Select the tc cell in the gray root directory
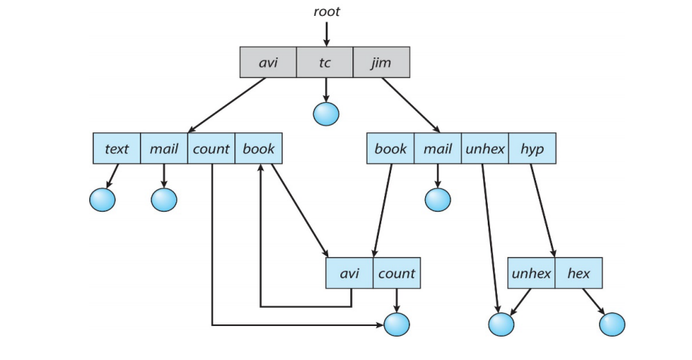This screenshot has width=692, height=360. (324, 62)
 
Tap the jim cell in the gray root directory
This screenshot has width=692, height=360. (381, 62)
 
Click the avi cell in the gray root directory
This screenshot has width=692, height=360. (268, 62)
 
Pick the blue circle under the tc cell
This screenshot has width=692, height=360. (326, 113)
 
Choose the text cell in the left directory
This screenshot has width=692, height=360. (116, 149)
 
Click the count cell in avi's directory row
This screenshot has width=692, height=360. (211, 149)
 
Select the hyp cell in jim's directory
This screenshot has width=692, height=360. (532, 149)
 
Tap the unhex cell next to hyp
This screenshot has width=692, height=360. (485, 149)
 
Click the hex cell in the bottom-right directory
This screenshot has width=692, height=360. (579, 273)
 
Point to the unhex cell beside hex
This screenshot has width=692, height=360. (531, 273)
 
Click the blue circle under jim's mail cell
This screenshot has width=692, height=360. (437, 199)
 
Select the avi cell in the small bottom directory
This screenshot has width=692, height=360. (349, 273)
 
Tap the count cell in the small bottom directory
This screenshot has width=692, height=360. (396, 273)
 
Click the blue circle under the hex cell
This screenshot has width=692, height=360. (612, 324)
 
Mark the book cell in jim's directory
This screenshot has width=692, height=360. (390, 149)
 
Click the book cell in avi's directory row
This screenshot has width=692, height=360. (259, 149)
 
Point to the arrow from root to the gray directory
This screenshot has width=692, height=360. (327, 33)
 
